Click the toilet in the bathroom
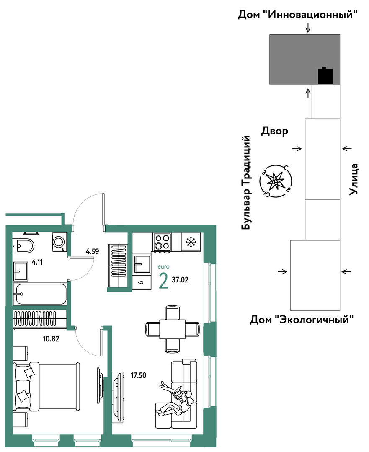click(x=23, y=245)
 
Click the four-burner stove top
click(x=162, y=242)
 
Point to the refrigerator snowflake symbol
click(x=191, y=242)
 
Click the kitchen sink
click(x=142, y=263)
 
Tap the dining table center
click(x=173, y=329)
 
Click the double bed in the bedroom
click(x=47, y=387)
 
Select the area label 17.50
click(x=138, y=375)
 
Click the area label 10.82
click(x=51, y=339)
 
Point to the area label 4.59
click(x=92, y=251)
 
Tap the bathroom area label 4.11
click(x=37, y=262)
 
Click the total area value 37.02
click(x=180, y=279)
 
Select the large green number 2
click(x=163, y=281)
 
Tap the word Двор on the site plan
click(x=274, y=131)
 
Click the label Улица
click(x=354, y=179)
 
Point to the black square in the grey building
click(x=325, y=76)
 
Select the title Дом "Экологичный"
click(x=302, y=319)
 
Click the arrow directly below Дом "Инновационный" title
click(x=308, y=28)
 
